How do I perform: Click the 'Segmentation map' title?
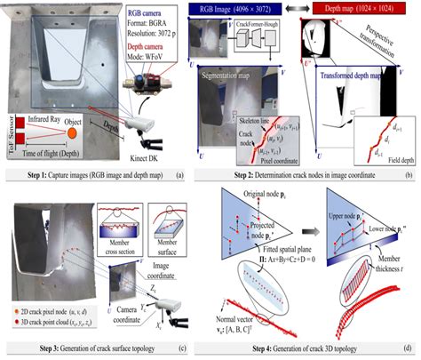click(234, 78)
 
